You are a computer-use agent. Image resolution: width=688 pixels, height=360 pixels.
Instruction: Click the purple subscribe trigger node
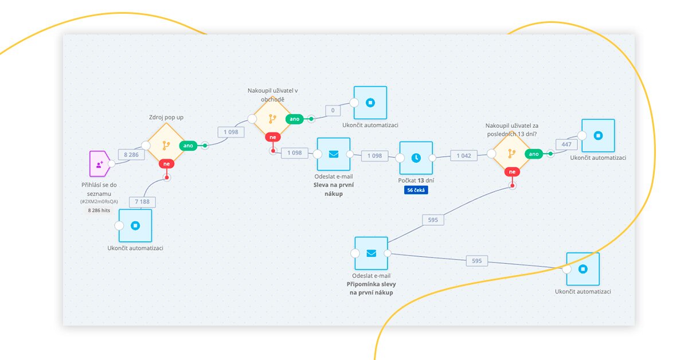click(100, 163)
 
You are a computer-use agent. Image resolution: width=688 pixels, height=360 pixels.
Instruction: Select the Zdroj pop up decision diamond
click(166, 146)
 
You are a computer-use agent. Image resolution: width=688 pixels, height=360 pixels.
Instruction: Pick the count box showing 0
click(333, 110)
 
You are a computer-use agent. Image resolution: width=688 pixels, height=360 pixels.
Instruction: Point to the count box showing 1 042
click(464, 155)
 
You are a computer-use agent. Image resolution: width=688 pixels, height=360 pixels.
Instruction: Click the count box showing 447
click(566, 144)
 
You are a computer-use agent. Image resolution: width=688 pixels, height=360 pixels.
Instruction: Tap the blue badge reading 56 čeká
click(416, 190)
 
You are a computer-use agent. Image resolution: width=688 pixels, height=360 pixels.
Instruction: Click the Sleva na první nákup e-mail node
click(333, 154)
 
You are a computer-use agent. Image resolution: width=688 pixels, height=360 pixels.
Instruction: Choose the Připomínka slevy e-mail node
click(371, 253)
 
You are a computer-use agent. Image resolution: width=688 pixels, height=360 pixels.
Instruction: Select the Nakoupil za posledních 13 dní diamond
click(511, 154)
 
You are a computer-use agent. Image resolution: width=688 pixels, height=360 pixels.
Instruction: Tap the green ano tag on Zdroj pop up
click(188, 146)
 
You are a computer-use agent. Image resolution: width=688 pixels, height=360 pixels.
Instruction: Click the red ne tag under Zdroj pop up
click(167, 164)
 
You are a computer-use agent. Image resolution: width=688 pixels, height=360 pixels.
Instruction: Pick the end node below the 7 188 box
click(135, 225)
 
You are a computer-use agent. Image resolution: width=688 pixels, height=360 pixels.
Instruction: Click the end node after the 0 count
click(370, 103)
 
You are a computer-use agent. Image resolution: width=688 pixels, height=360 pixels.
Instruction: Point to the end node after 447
click(598, 136)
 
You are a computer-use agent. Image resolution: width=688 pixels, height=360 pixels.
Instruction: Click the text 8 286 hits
click(99, 210)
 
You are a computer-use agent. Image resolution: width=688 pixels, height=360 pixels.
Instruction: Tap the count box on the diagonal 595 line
click(433, 219)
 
